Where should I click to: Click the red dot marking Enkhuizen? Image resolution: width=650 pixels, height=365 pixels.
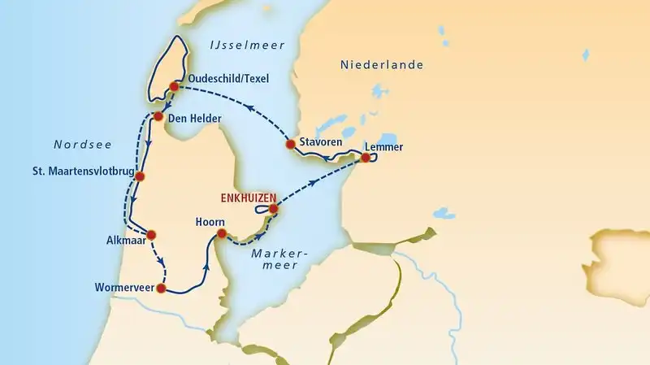click(274, 209)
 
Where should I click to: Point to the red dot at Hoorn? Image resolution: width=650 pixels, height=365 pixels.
click(220, 235)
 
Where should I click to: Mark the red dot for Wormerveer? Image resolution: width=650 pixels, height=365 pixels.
click(161, 289)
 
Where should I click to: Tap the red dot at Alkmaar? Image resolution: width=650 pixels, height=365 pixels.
click(150, 235)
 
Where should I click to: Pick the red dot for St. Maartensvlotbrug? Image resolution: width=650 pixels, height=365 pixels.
click(140, 176)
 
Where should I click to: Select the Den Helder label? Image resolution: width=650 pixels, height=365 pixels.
click(194, 119)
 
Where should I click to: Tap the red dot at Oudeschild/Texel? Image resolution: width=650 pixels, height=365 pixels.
click(173, 86)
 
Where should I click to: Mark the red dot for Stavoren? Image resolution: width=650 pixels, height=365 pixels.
click(289, 144)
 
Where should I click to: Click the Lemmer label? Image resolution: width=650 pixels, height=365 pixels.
click(384, 147)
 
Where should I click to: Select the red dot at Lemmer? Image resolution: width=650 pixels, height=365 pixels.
click(366, 158)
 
